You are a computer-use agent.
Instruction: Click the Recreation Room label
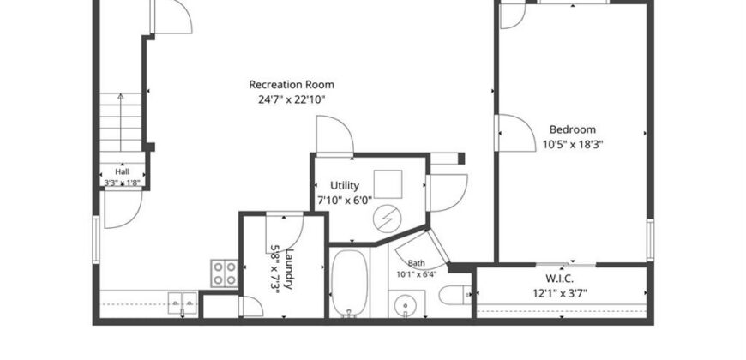tap(292, 85)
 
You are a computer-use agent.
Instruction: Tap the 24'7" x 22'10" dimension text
tap(292, 100)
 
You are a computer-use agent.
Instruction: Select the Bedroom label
tap(572, 129)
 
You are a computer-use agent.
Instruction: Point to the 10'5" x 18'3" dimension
tap(573, 145)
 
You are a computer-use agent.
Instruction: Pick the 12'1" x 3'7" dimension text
tap(560, 292)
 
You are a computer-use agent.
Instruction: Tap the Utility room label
tap(345, 185)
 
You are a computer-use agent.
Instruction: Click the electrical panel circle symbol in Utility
tap(387, 219)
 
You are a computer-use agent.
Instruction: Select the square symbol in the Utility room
tap(388, 184)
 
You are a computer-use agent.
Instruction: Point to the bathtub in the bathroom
tap(349, 284)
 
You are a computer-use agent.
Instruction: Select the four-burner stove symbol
tap(224, 273)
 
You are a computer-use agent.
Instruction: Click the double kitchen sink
tap(183, 303)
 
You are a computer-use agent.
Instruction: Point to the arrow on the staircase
tap(120, 123)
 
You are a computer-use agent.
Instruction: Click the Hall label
tap(123, 171)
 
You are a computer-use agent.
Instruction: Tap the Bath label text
tap(417, 263)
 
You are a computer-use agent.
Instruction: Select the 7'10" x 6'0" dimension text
tap(345, 201)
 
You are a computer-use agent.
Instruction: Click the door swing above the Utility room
tap(335, 135)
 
